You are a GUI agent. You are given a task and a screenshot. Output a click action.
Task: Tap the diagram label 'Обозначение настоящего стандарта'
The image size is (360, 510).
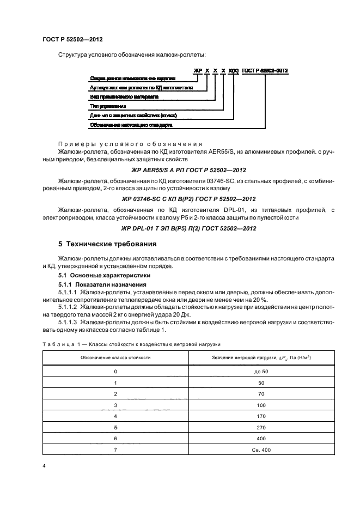tap(131, 125)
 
